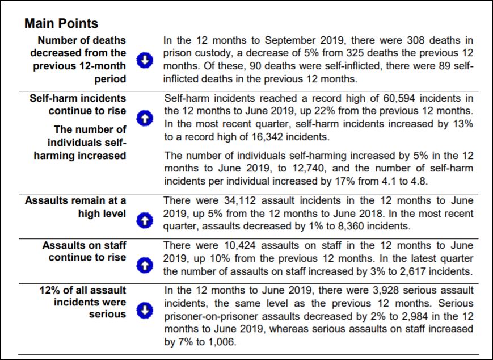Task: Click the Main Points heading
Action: point(61,23)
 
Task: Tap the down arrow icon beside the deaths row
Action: point(145,60)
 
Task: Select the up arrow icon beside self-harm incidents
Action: point(145,118)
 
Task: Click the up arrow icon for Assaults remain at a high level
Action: point(145,220)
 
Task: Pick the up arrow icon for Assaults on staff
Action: point(145,264)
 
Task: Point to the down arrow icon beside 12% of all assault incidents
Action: point(145,310)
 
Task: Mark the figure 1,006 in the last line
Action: point(219,342)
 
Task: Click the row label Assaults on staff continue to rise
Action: point(84,252)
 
